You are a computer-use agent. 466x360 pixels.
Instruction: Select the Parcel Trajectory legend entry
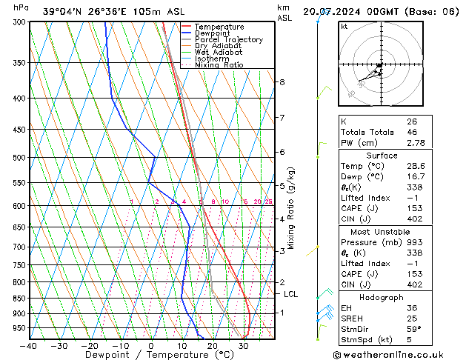coord(228,40)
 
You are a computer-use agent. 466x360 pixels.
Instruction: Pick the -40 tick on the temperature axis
coord(30,346)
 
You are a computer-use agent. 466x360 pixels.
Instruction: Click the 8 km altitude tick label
coord(282,82)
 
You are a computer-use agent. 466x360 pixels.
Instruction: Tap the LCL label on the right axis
coord(291,294)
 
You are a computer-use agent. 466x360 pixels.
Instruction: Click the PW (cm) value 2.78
coord(415,142)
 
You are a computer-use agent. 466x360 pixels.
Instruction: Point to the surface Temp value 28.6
coord(415,167)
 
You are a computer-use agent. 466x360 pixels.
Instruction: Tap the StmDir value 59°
coord(413,329)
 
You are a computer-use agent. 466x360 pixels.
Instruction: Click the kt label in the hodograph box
coord(344,27)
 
